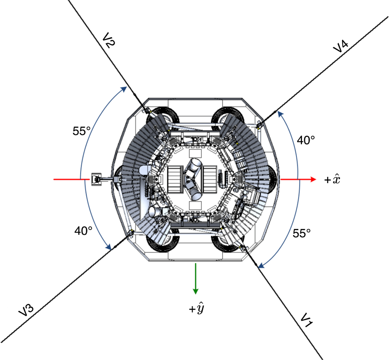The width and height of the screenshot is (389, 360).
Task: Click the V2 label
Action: [x=109, y=41]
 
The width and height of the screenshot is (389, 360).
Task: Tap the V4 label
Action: [x=341, y=47]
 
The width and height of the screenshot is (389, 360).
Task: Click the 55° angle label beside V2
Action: [x=82, y=131]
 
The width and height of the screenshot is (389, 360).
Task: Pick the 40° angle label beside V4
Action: [x=306, y=140]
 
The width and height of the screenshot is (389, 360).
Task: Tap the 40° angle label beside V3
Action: [x=83, y=231]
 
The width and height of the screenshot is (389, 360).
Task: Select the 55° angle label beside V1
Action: [x=302, y=233]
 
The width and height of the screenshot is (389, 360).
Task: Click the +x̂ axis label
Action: [x=332, y=179]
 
